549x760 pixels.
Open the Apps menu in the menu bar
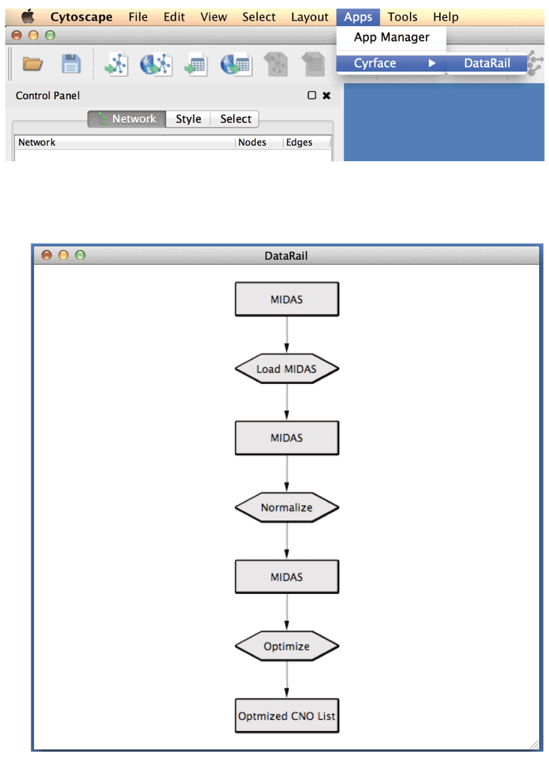click(x=358, y=17)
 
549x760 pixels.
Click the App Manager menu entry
click(x=391, y=37)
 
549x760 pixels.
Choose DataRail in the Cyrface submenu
click(x=486, y=63)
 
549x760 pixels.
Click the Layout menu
click(x=310, y=17)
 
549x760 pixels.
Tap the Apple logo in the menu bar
click(x=28, y=16)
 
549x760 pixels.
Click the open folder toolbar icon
click(x=32, y=64)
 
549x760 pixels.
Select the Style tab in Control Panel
click(x=188, y=119)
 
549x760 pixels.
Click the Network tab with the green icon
click(x=127, y=119)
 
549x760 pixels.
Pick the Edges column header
click(x=299, y=142)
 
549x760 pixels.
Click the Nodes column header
click(x=252, y=142)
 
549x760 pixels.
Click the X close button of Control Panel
click(x=326, y=95)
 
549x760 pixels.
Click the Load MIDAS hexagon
click(x=287, y=369)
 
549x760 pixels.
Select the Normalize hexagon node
click(x=287, y=507)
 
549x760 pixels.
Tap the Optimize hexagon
click(x=287, y=645)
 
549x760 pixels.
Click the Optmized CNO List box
click(x=287, y=716)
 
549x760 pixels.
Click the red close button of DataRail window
click(x=47, y=255)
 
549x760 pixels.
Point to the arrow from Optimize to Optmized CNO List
click(x=287, y=679)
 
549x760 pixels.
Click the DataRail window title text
click(x=285, y=256)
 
